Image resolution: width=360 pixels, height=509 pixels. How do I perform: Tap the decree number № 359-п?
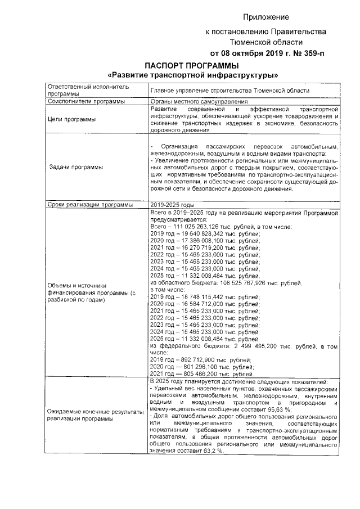click(304, 53)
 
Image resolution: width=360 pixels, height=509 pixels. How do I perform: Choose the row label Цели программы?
click(71, 119)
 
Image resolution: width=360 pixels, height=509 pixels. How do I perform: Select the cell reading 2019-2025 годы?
click(172, 205)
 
